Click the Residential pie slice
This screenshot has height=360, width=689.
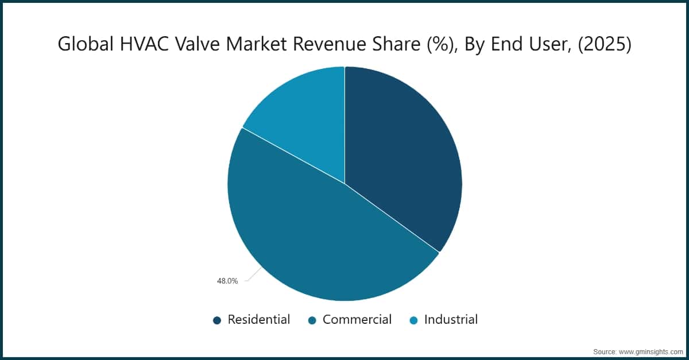pyautogui.click(x=402, y=155)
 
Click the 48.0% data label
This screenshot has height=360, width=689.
pyautogui.click(x=227, y=281)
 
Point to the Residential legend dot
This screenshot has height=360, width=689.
pyautogui.click(x=217, y=320)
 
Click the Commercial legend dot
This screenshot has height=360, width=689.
pyautogui.click(x=312, y=320)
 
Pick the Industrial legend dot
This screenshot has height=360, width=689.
pyautogui.click(x=413, y=320)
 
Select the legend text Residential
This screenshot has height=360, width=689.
pyautogui.click(x=258, y=320)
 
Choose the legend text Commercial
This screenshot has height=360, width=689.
pyautogui.click(x=357, y=320)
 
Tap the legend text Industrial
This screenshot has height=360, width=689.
pyautogui.click(x=451, y=320)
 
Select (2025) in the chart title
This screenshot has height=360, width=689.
pyautogui.click(x=605, y=44)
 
